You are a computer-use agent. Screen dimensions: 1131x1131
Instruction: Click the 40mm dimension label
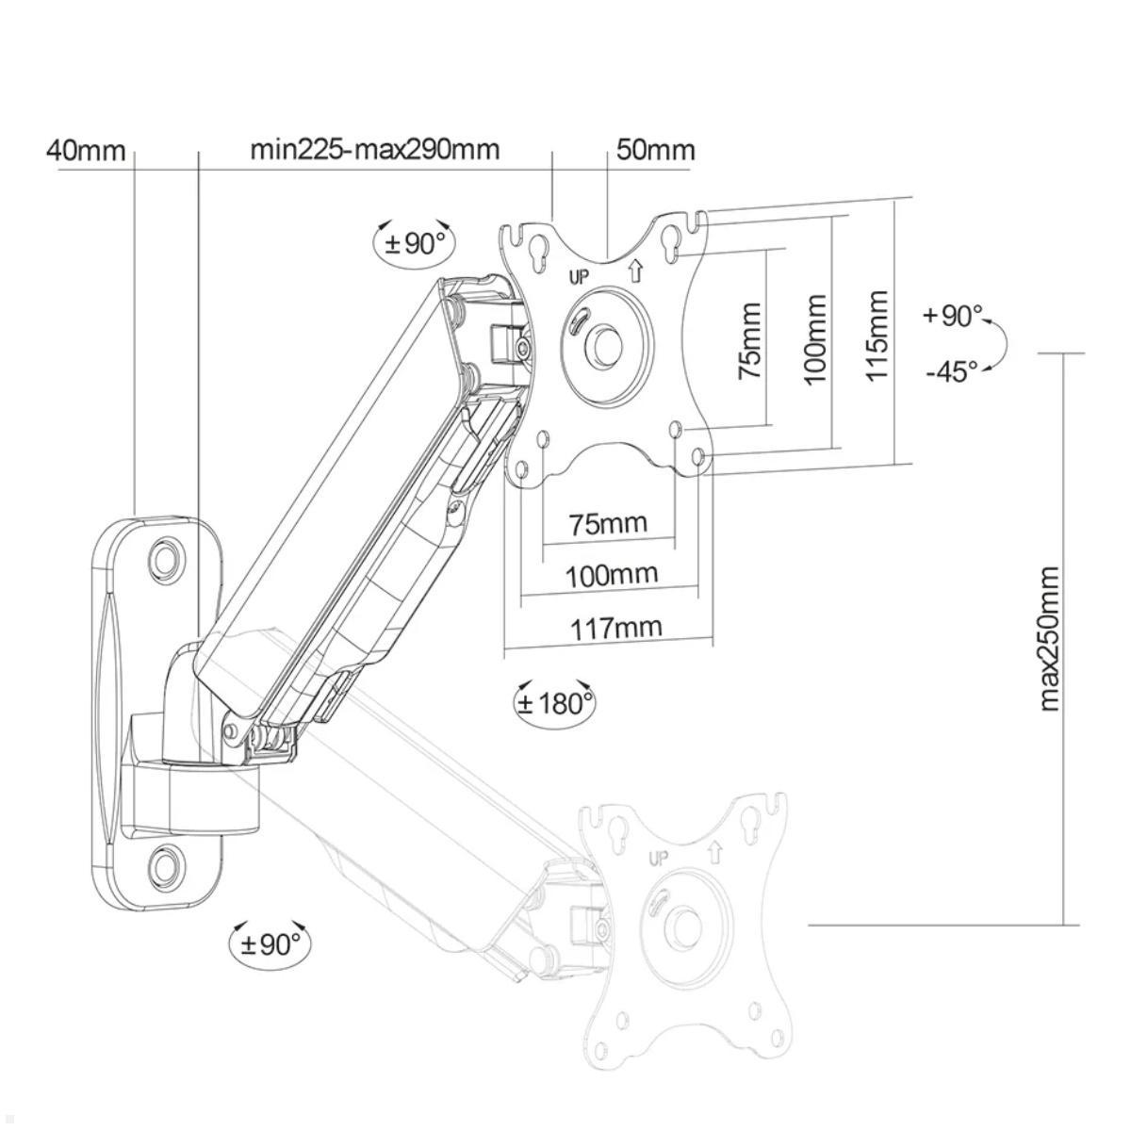pyautogui.click(x=86, y=151)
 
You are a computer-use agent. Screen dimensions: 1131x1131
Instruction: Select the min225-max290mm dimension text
pyautogui.click(x=374, y=150)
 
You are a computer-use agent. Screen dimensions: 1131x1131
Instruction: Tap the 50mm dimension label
pyautogui.click(x=656, y=151)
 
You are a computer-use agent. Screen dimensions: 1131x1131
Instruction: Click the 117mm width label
pyautogui.click(x=616, y=627)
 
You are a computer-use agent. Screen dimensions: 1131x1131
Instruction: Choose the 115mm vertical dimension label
pyautogui.click(x=877, y=336)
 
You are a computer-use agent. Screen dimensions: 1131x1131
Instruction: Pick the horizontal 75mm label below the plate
pyautogui.click(x=609, y=523)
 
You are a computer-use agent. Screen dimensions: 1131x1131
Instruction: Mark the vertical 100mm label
pyautogui.click(x=814, y=338)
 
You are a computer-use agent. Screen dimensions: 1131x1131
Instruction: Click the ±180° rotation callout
pyautogui.click(x=555, y=702)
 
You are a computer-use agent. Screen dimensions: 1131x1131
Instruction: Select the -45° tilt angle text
pyautogui.click(x=951, y=371)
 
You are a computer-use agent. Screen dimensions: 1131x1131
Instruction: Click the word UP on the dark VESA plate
pyautogui.click(x=579, y=277)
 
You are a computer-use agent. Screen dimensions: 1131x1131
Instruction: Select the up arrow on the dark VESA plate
pyautogui.click(x=634, y=271)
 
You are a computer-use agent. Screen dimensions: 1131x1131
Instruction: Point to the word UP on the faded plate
pyautogui.click(x=658, y=858)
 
